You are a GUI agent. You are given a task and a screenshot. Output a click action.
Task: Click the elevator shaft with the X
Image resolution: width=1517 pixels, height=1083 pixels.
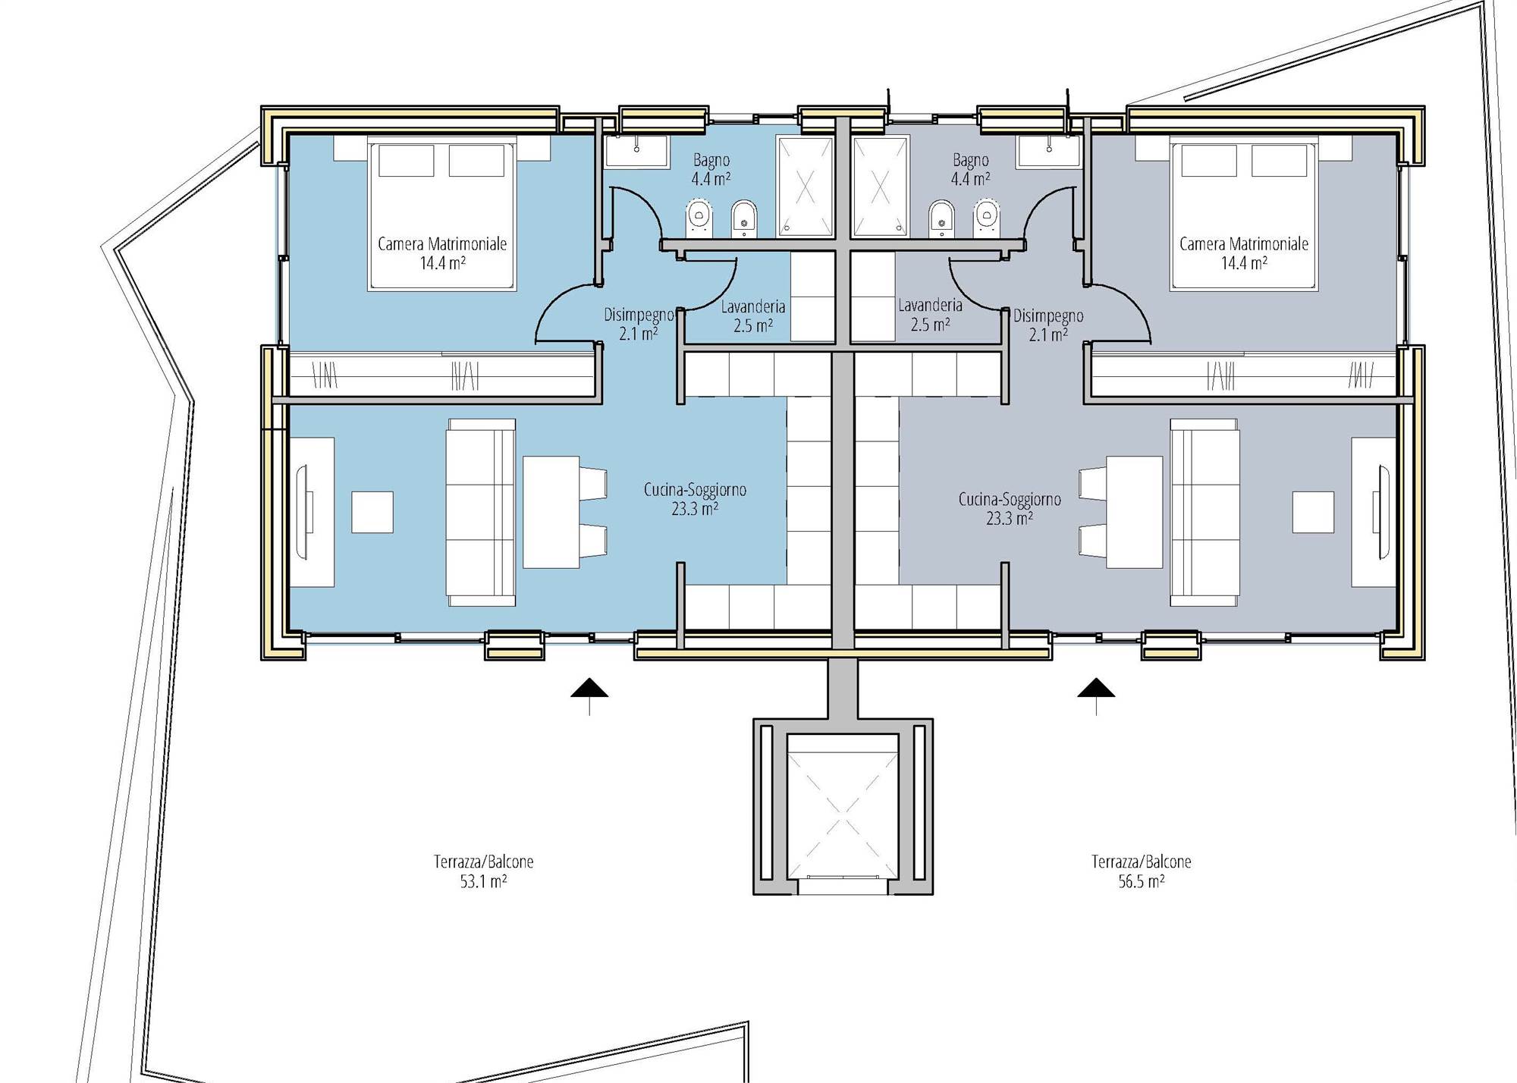[842, 806]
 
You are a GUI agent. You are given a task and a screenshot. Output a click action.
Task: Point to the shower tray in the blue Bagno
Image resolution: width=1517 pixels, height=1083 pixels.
[804, 186]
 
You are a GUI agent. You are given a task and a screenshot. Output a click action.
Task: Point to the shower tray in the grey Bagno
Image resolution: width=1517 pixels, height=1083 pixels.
[880, 186]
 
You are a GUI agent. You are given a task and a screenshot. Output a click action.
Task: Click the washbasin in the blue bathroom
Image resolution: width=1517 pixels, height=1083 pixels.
[636, 152]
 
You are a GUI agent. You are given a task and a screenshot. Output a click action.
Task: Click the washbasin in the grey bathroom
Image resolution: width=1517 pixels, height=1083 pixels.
[1048, 152]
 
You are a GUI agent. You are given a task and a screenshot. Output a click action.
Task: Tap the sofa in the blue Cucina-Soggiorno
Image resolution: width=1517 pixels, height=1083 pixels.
[481, 512]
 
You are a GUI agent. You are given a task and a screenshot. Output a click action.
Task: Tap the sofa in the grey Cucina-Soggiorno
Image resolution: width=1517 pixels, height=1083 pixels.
[1205, 512]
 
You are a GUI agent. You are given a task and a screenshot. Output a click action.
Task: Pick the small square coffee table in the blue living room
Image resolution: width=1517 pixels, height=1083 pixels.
[372, 512]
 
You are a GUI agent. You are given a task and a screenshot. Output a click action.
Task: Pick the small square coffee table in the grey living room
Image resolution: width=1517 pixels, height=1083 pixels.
[1314, 512]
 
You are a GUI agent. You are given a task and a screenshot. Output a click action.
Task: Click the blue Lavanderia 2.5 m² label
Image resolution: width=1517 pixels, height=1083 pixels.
[753, 316]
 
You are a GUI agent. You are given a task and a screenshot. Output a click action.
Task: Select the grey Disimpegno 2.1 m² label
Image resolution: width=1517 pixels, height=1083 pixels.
[1048, 325]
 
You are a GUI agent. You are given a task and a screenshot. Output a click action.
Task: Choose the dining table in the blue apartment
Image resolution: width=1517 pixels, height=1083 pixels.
[551, 512]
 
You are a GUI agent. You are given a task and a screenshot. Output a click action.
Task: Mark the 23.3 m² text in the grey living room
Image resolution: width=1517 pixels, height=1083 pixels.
[1009, 519]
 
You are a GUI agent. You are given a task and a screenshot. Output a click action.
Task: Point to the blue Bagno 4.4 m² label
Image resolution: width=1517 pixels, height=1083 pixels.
[711, 170]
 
